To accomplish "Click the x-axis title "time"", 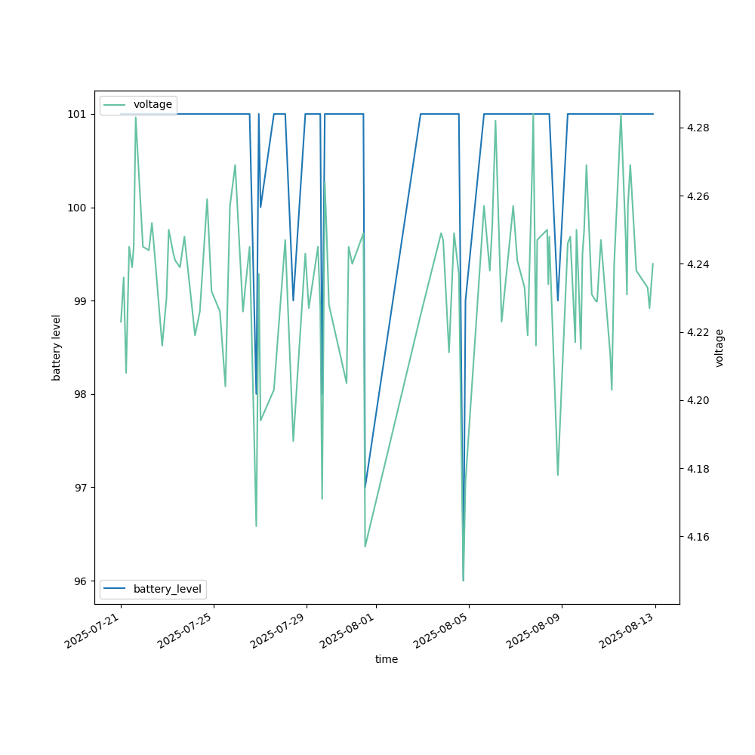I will pyautogui.click(x=387, y=659).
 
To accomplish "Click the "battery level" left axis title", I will pyautogui.click(x=57, y=347).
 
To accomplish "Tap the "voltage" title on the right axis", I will pyautogui.click(x=720, y=347).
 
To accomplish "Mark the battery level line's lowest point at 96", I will pyautogui.click(x=463, y=580).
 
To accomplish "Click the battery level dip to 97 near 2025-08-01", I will pyautogui.click(x=365, y=487).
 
